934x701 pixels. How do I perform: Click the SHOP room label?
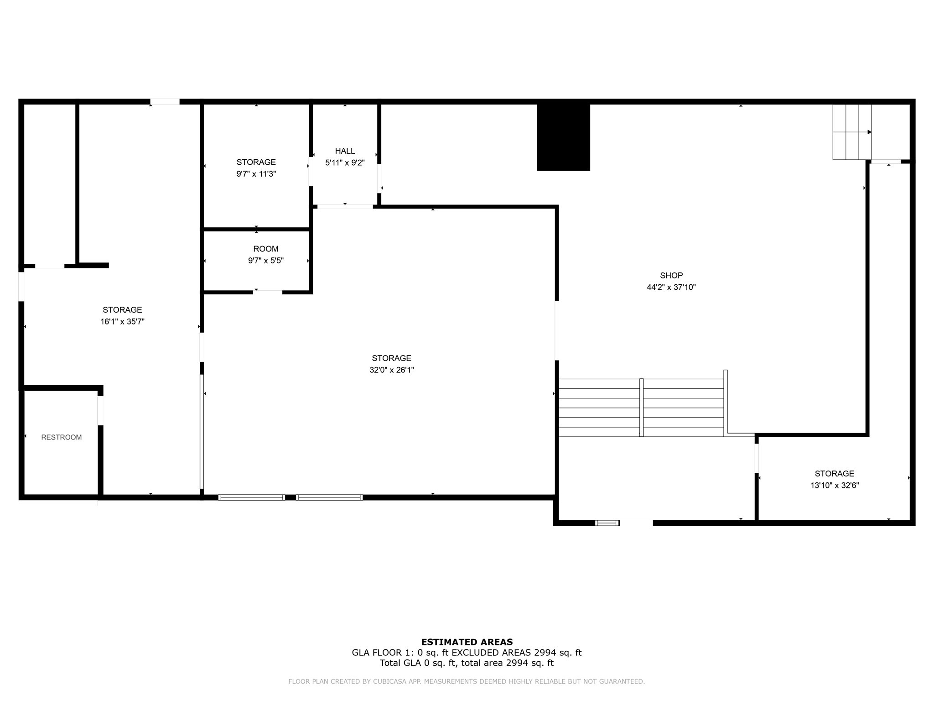(x=671, y=275)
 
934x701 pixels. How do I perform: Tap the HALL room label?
(x=345, y=151)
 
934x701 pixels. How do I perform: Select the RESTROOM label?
(x=62, y=437)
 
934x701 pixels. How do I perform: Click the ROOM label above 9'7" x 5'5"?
(x=266, y=249)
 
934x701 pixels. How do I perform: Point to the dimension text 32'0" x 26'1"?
(x=392, y=370)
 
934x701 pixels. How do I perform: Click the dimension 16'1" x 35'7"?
(x=123, y=322)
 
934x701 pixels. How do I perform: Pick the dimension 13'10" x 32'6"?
(x=835, y=486)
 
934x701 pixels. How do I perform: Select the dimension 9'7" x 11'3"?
(x=256, y=174)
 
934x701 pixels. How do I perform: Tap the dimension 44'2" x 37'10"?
(x=671, y=288)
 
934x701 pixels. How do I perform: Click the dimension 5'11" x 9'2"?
(x=345, y=163)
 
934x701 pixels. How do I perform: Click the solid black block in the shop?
(x=564, y=137)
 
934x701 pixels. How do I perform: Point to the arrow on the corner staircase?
(x=852, y=132)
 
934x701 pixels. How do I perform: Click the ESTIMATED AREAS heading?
(x=467, y=642)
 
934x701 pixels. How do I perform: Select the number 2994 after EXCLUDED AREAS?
(x=545, y=653)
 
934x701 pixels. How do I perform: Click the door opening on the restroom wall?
(x=100, y=411)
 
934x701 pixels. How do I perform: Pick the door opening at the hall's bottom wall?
(x=345, y=207)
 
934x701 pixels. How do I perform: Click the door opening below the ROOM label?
(x=268, y=292)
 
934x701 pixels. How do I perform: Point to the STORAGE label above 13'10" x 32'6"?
(x=835, y=474)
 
